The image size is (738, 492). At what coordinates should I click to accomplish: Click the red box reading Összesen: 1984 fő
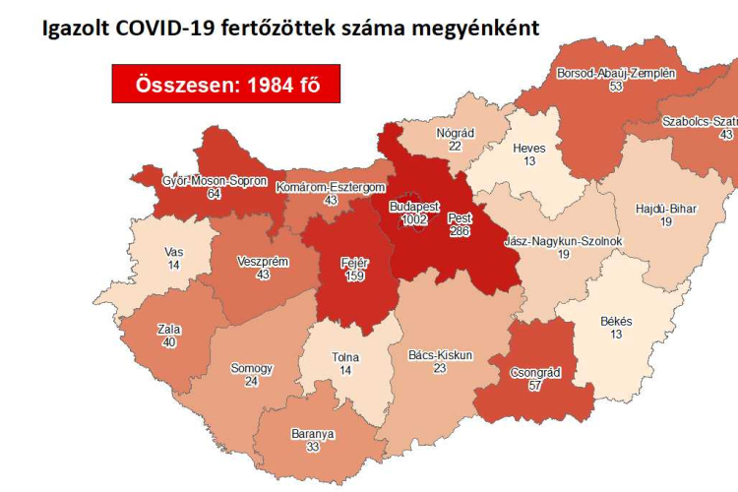coord(227,85)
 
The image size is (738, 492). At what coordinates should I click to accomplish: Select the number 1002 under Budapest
coord(414,220)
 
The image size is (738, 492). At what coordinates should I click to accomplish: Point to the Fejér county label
coord(354,263)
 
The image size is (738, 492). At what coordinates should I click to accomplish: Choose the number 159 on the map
coord(354,277)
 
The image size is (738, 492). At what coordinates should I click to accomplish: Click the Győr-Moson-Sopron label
coord(215,181)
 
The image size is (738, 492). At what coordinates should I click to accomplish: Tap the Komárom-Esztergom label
coord(330,187)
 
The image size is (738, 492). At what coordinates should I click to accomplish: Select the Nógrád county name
coord(455,132)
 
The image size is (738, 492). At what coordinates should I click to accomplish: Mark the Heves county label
coord(529,149)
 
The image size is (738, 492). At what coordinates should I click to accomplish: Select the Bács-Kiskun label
coord(439,354)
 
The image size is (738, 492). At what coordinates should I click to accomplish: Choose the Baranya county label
coord(313,434)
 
